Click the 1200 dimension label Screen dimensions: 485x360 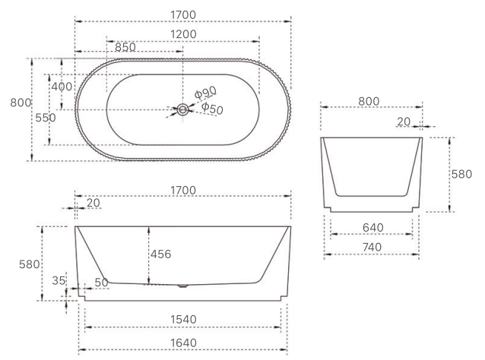[x=183, y=34]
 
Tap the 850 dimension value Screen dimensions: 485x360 [x=125, y=47]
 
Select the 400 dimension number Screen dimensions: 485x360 [x=62, y=87]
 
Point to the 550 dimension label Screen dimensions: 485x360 [x=46, y=118]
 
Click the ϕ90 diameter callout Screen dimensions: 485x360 [x=205, y=92]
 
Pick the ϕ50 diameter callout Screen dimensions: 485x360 [x=212, y=108]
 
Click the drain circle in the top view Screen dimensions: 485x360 [x=182, y=109]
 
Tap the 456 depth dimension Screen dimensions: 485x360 [x=161, y=254]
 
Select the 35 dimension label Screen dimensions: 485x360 [x=59, y=280]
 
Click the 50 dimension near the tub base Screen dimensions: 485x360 [x=101, y=283]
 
